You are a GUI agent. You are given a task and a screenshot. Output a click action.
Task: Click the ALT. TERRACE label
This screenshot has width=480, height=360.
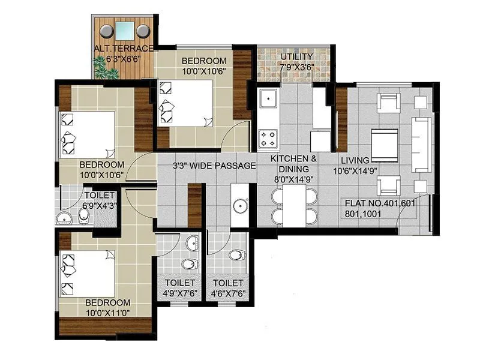pos(124,49)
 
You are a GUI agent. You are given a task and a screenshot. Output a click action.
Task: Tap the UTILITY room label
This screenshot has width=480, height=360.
pos(296,57)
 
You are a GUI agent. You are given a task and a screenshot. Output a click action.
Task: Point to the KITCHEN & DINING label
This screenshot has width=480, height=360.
pos(293,164)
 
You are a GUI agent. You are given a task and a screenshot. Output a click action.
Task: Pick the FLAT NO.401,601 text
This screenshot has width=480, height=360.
pos(380,203)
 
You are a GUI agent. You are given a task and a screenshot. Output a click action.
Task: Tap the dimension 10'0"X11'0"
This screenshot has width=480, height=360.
pos(107,313)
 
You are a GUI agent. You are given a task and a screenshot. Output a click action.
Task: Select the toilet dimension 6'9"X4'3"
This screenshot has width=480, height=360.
pos(100,206)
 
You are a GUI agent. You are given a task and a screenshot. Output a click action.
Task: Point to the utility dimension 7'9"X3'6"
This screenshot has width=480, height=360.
pos(296,67)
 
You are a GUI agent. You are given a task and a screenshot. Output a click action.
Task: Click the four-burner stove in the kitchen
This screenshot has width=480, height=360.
pos(268,139)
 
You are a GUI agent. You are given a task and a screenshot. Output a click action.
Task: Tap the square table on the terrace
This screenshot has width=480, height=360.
pos(125,30)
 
